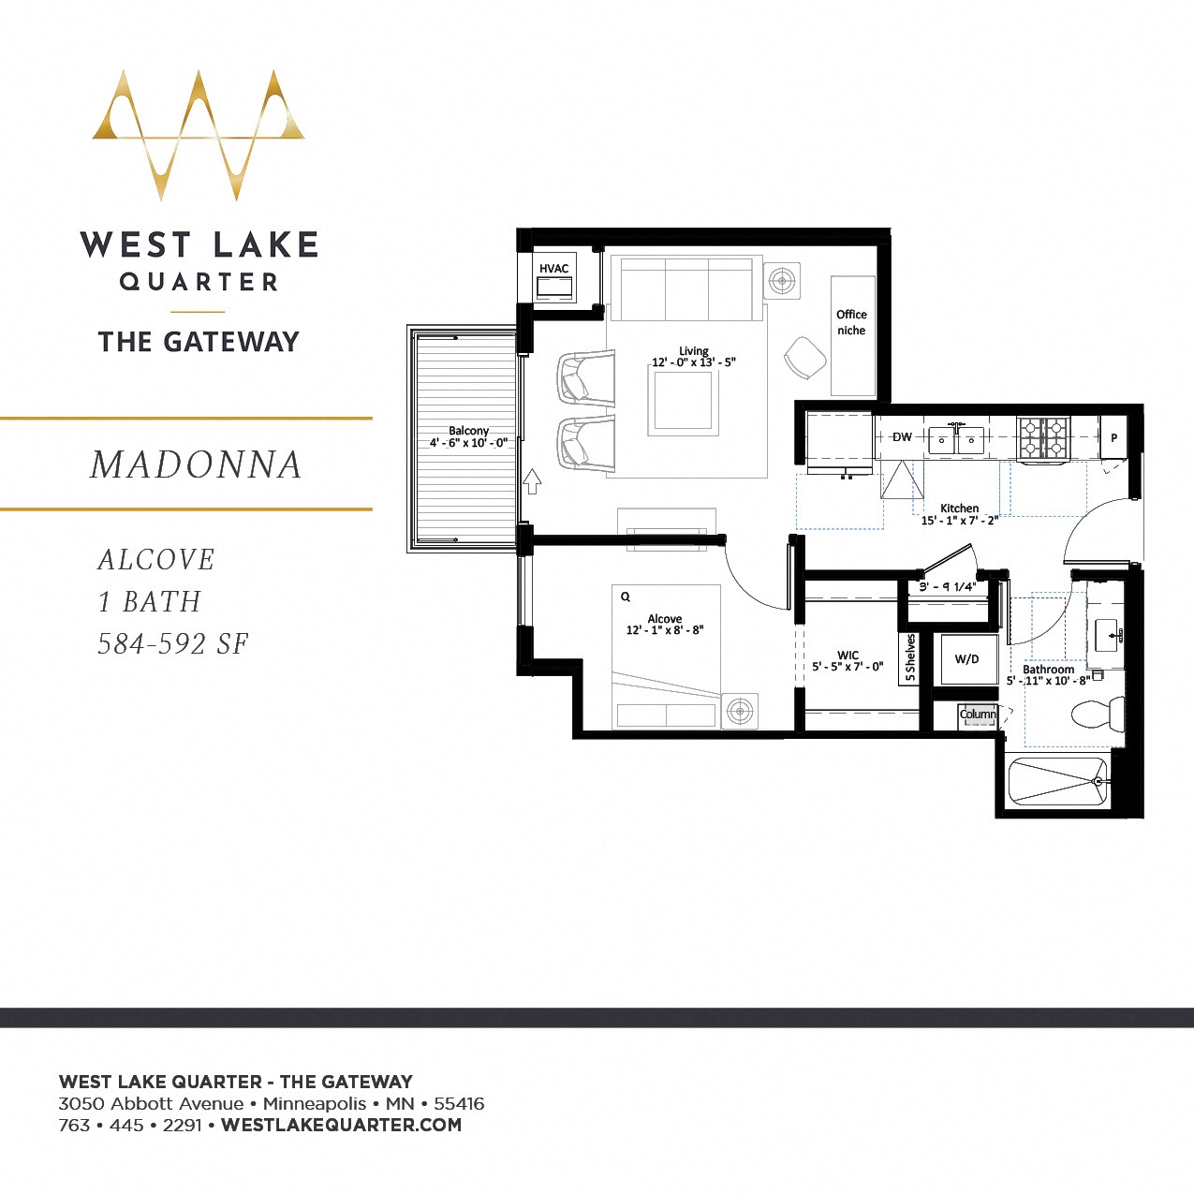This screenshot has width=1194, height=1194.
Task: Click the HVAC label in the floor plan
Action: coord(553,269)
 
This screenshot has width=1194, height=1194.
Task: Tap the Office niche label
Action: coord(851,322)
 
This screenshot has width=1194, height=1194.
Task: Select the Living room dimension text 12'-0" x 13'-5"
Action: coord(694,362)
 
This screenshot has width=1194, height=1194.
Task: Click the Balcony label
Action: coord(468,431)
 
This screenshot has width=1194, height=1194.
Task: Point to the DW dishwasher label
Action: coord(902,437)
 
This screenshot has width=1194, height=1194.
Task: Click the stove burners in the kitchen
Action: coord(1044,436)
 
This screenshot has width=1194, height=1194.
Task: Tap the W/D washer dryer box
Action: coord(967,659)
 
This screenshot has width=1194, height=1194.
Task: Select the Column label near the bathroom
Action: coord(978,715)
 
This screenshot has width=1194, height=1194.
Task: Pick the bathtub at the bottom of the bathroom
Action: coord(1057,781)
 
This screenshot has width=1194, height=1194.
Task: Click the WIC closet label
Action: coord(848,656)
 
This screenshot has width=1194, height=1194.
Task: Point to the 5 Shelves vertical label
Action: coord(910,658)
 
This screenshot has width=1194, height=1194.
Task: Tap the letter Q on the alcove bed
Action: coord(626,597)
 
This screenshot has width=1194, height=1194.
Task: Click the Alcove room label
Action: coord(664,619)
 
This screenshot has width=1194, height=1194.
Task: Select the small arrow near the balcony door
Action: coord(532,481)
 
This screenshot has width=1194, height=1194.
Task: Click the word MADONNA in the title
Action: coord(196,464)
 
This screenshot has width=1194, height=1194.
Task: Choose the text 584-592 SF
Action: coord(173,644)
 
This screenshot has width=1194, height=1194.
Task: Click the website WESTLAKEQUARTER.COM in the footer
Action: coord(341,1125)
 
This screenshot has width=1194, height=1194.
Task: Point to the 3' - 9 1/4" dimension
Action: coord(947,587)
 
